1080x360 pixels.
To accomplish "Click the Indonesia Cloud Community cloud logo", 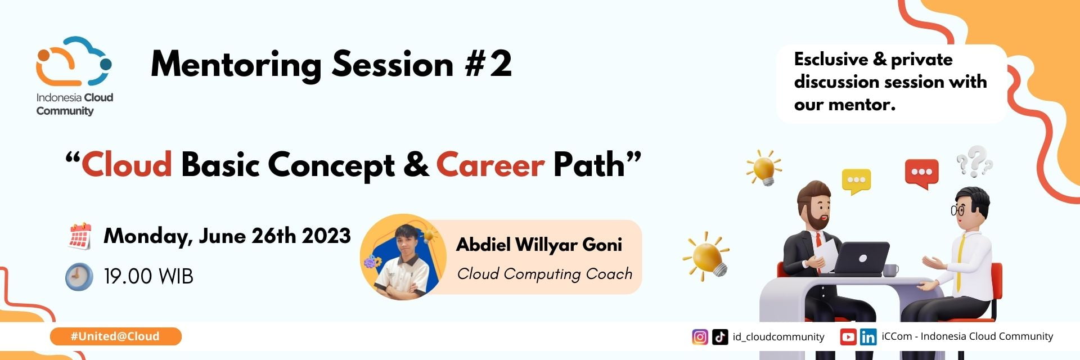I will point(74,61).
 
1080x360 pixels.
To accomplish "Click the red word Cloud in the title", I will point(127,165).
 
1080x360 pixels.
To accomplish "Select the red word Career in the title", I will point(490,165).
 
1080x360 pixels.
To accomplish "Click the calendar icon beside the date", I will point(80,236).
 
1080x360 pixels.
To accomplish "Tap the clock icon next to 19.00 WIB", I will point(79,276).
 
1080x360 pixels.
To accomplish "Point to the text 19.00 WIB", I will point(148,276).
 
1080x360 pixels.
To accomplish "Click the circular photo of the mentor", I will point(403,257).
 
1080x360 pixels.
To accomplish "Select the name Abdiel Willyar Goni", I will point(539,245).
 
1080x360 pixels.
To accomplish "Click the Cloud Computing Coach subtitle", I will point(544,274).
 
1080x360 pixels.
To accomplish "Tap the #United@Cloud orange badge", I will point(115,336).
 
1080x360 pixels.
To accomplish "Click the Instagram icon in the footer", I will point(700,337).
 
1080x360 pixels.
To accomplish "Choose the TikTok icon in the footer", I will point(720,337).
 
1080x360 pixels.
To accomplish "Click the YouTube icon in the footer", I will point(848,337).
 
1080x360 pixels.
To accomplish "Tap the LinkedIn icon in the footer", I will point(868,337).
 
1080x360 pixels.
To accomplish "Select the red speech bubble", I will point(921,173).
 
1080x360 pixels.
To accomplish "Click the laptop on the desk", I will point(860,258).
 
